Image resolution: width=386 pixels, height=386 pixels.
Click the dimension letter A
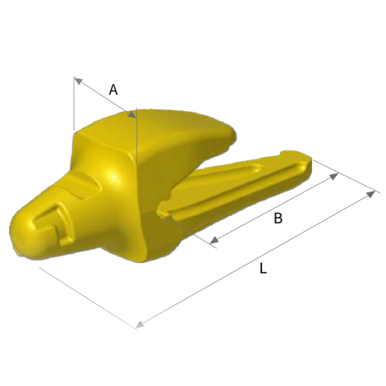[x=113, y=90]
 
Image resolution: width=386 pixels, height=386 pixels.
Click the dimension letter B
[x=278, y=218]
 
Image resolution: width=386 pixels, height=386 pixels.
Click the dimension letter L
[x=263, y=268]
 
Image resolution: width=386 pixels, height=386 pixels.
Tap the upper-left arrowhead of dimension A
[x=78, y=81]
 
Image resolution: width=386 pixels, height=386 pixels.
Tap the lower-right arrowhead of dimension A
[x=132, y=115]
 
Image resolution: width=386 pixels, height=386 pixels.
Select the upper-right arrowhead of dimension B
[x=334, y=176]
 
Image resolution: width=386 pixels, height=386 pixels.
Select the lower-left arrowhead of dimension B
[x=214, y=240]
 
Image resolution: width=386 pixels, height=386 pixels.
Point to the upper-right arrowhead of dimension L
[x=371, y=194]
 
